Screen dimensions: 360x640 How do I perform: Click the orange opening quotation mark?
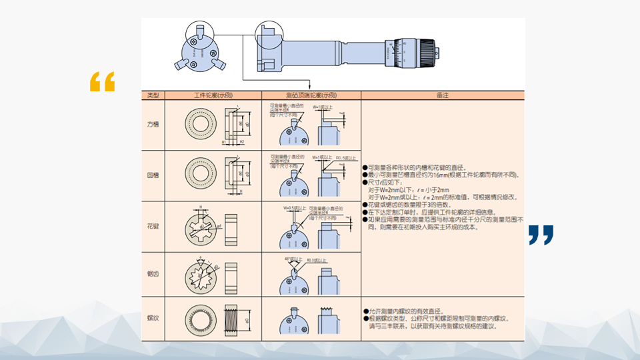pos(102,81)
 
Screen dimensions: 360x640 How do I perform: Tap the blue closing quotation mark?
pos(541,235)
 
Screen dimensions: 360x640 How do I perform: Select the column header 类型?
pos(153,95)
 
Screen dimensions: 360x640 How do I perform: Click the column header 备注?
pos(442,95)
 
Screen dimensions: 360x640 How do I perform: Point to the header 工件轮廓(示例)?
pos(213,95)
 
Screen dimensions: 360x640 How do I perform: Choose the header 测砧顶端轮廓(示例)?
pos(311,95)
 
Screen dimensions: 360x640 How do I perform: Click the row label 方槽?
pos(153,125)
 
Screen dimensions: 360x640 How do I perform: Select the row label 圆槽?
pos(153,175)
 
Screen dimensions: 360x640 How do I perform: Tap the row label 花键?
pos(153,227)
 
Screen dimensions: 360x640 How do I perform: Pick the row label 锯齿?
pos(153,274)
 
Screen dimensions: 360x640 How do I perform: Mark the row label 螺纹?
pos(153,319)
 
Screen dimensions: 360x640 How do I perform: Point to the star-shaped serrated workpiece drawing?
pos(200,274)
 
